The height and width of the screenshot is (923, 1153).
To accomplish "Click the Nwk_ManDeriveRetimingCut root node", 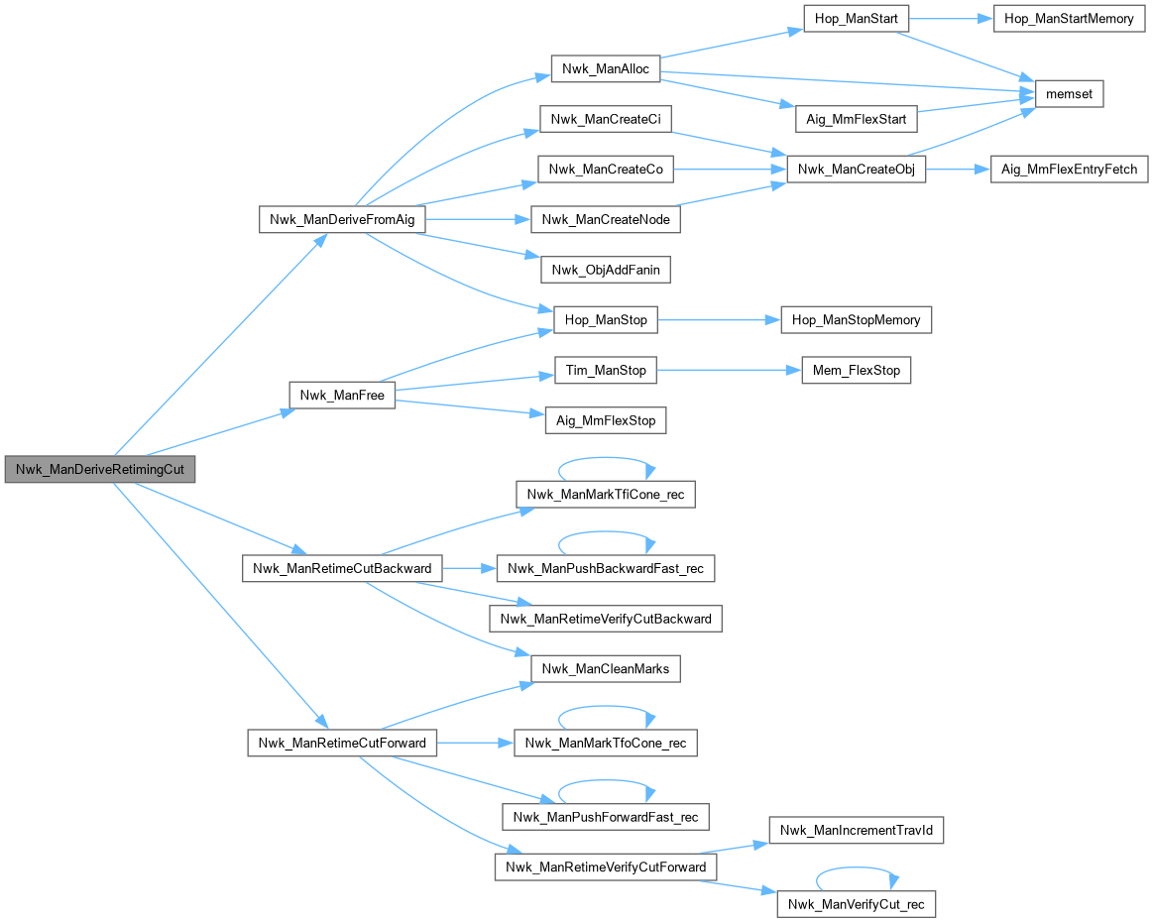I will click(99, 470).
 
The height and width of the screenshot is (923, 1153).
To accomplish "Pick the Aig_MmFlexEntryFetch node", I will click(1069, 170).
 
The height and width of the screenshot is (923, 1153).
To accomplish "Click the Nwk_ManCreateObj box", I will click(855, 170).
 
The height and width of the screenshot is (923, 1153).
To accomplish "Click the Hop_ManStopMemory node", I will click(857, 320).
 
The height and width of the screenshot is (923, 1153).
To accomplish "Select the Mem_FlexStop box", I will click(855, 371).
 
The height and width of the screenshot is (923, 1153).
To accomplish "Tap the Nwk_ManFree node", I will click(342, 395).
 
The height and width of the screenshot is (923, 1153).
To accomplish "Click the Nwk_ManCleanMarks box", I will click(606, 669).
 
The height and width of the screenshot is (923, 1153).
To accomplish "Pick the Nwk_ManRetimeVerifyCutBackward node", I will click(606, 619).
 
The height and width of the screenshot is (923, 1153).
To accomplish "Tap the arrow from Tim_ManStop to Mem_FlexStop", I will click(728, 371).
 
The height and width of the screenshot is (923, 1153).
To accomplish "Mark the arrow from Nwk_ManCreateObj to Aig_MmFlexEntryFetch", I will click(958, 170).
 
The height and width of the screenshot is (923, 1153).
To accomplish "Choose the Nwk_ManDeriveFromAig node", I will click(342, 219).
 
